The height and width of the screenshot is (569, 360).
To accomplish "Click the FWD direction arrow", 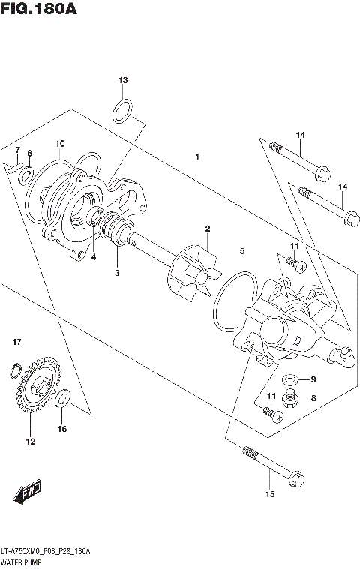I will (x=28, y=495).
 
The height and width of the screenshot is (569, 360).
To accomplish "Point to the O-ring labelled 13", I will (x=124, y=112).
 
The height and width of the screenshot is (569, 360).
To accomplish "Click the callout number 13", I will (x=124, y=80).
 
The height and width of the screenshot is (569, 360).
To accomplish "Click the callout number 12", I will (x=31, y=442).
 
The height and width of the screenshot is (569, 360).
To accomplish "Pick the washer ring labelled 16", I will (x=64, y=398).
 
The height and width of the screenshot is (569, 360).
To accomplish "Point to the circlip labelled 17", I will (x=14, y=368).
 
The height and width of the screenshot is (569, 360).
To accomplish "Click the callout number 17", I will (x=16, y=343).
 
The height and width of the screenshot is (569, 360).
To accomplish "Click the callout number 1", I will (x=196, y=157).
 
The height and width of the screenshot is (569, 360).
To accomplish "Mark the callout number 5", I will (x=241, y=251).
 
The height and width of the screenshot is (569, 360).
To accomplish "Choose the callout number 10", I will (x=60, y=144).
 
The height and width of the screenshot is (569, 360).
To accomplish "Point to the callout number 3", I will (x=117, y=273).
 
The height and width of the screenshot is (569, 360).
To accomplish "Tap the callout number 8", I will (x=313, y=400).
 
